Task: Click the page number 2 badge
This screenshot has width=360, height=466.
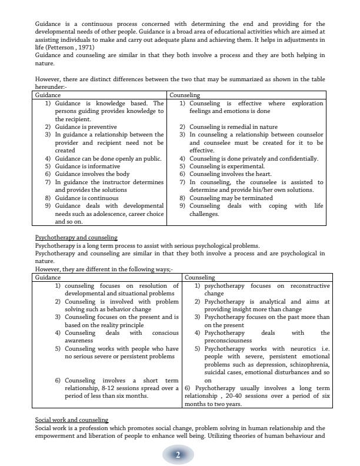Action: click(x=177, y=454)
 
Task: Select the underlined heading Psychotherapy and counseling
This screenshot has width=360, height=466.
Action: click(x=71, y=238)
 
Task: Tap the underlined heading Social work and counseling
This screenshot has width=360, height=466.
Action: click(x=72, y=420)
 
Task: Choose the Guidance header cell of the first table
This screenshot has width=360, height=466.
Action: click(x=48, y=95)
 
